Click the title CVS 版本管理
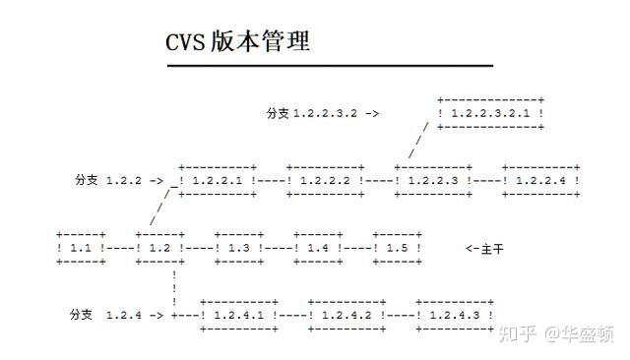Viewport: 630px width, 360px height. click(238, 42)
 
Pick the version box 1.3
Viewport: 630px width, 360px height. click(238, 249)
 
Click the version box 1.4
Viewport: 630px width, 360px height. click(317, 249)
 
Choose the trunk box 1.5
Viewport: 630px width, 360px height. click(397, 249)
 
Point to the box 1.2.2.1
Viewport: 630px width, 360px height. click(218, 181)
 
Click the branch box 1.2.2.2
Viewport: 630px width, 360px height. click(326, 181)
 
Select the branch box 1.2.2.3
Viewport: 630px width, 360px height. click(433, 181)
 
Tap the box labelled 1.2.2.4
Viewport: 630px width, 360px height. click(541, 181)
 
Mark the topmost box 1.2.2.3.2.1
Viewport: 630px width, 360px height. click(491, 113)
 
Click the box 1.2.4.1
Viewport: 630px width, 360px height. click(238, 316)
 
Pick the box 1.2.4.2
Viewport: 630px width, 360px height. click(346, 316)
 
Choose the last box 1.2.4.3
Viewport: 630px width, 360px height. click(455, 316)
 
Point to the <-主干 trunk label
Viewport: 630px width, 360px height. click(484, 249)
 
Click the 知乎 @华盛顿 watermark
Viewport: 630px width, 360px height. click(559, 335)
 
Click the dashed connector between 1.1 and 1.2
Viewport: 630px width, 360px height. click(117, 249)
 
